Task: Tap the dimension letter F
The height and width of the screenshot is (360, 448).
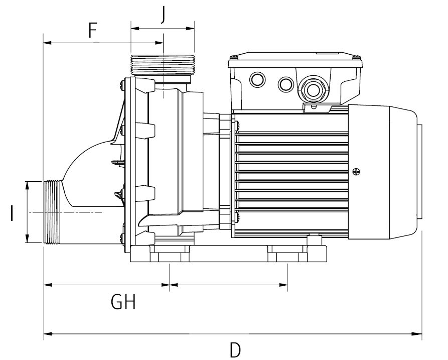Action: pyautogui.click(x=92, y=31)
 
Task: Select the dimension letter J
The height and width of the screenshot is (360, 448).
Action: pyautogui.click(x=163, y=16)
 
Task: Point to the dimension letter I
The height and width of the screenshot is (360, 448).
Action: pyautogui.click(x=11, y=213)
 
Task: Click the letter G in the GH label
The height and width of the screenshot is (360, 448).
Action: pyautogui.click(x=117, y=302)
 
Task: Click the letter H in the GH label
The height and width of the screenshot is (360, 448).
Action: pyautogui.click(x=130, y=302)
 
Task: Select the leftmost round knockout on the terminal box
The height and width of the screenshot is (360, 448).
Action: pyautogui.click(x=258, y=79)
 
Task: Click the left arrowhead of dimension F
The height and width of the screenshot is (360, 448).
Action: pyautogui.click(x=47, y=43)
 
